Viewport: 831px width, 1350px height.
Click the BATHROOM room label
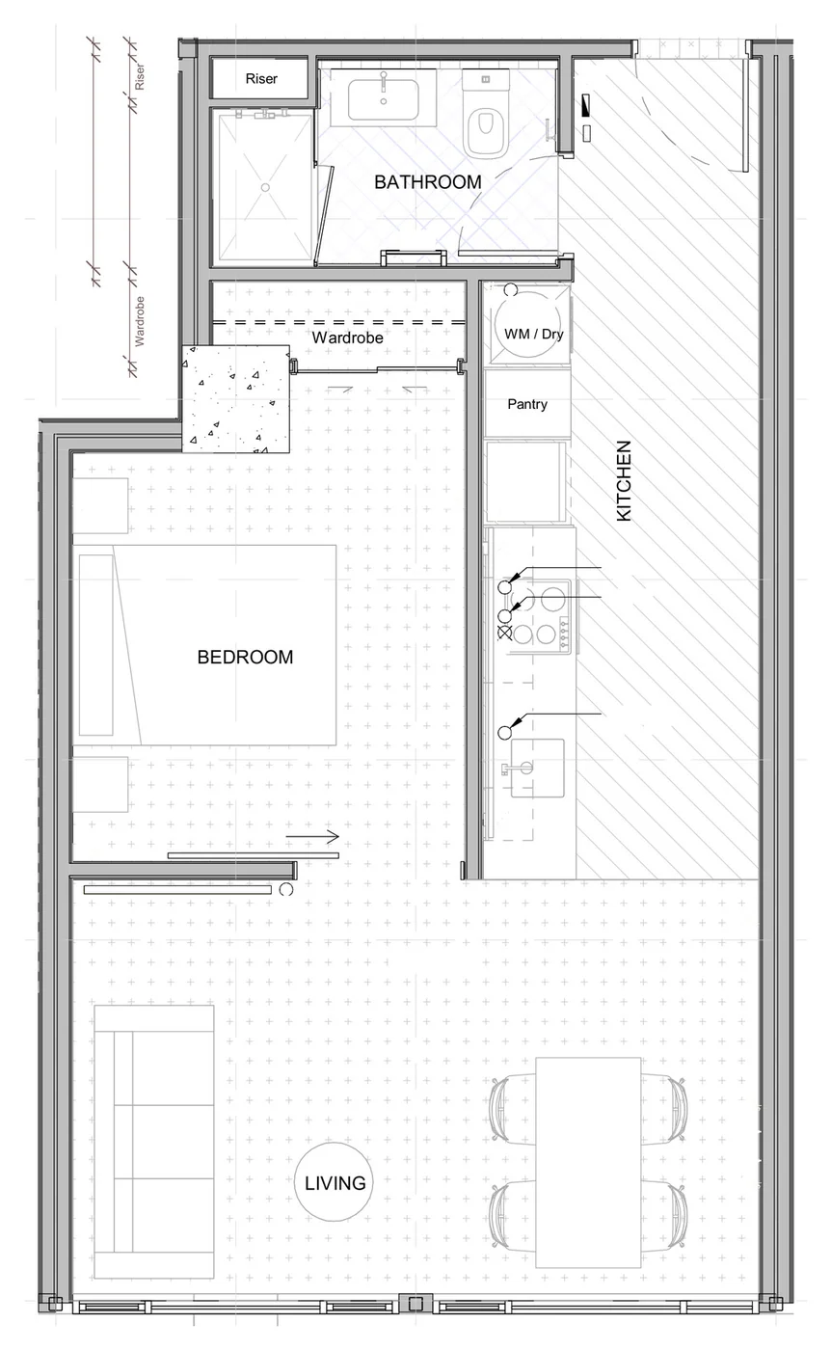click(428, 182)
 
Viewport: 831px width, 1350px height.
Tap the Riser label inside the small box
click(261, 79)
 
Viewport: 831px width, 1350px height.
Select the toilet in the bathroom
click(486, 114)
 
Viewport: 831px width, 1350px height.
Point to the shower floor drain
click(265, 187)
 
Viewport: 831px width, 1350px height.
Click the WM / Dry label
click(533, 334)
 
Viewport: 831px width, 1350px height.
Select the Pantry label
click(527, 404)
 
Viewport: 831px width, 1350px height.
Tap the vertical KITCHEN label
click(625, 480)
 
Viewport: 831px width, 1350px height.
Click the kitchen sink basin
click(538, 768)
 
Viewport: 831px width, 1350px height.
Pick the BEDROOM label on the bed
click(245, 657)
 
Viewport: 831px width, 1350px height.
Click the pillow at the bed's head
click(96, 645)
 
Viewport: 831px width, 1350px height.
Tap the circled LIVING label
click(335, 1183)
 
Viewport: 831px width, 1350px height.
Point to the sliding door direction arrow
click(312, 837)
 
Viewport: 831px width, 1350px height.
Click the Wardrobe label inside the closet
click(347, 337)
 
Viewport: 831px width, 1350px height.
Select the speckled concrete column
click(235, 399)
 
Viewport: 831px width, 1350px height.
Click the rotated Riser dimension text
click(139, 76)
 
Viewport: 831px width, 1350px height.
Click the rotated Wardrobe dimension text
click(139, 320)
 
